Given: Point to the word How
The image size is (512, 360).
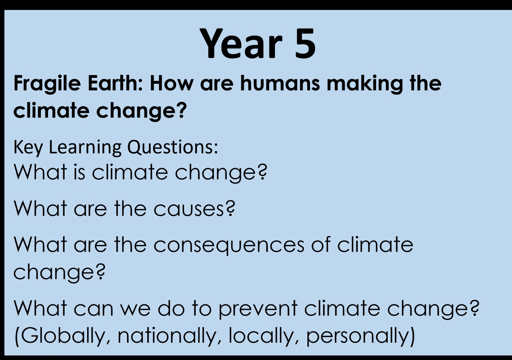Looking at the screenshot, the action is (172, 83).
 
